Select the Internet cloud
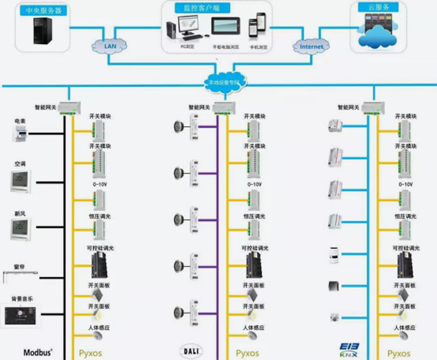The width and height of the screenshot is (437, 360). coord(311,47)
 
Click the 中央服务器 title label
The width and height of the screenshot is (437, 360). coord(42,10)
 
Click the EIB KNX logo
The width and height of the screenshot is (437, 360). coord(351,350)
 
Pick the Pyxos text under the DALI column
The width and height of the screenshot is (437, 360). coord(247,353)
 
